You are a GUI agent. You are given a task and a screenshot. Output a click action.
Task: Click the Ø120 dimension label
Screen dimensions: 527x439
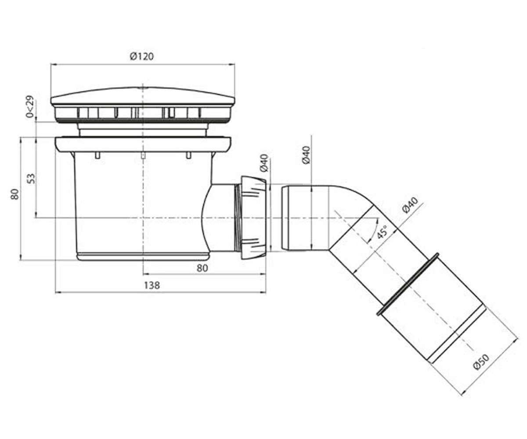(x=141, y=56)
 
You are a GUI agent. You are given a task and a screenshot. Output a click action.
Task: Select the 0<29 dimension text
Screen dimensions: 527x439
(x=29, y=107)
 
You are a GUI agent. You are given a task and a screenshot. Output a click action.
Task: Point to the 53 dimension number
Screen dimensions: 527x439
(x=31, y=179)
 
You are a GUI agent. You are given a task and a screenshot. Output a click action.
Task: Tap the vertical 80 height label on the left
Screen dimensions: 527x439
(x=15, y=194)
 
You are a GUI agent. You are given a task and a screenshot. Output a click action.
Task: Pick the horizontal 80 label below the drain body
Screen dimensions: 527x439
(x=202, y=268)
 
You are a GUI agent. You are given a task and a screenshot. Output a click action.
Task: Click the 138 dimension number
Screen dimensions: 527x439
(x=152, y=285)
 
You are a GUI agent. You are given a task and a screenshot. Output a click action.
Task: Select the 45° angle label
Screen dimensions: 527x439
(x=382, y=232)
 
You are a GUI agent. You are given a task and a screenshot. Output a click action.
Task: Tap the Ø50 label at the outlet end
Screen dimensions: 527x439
(x=481, y=362)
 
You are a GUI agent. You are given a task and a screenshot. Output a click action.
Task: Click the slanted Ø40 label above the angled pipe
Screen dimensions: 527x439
(x=410, y=205)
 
